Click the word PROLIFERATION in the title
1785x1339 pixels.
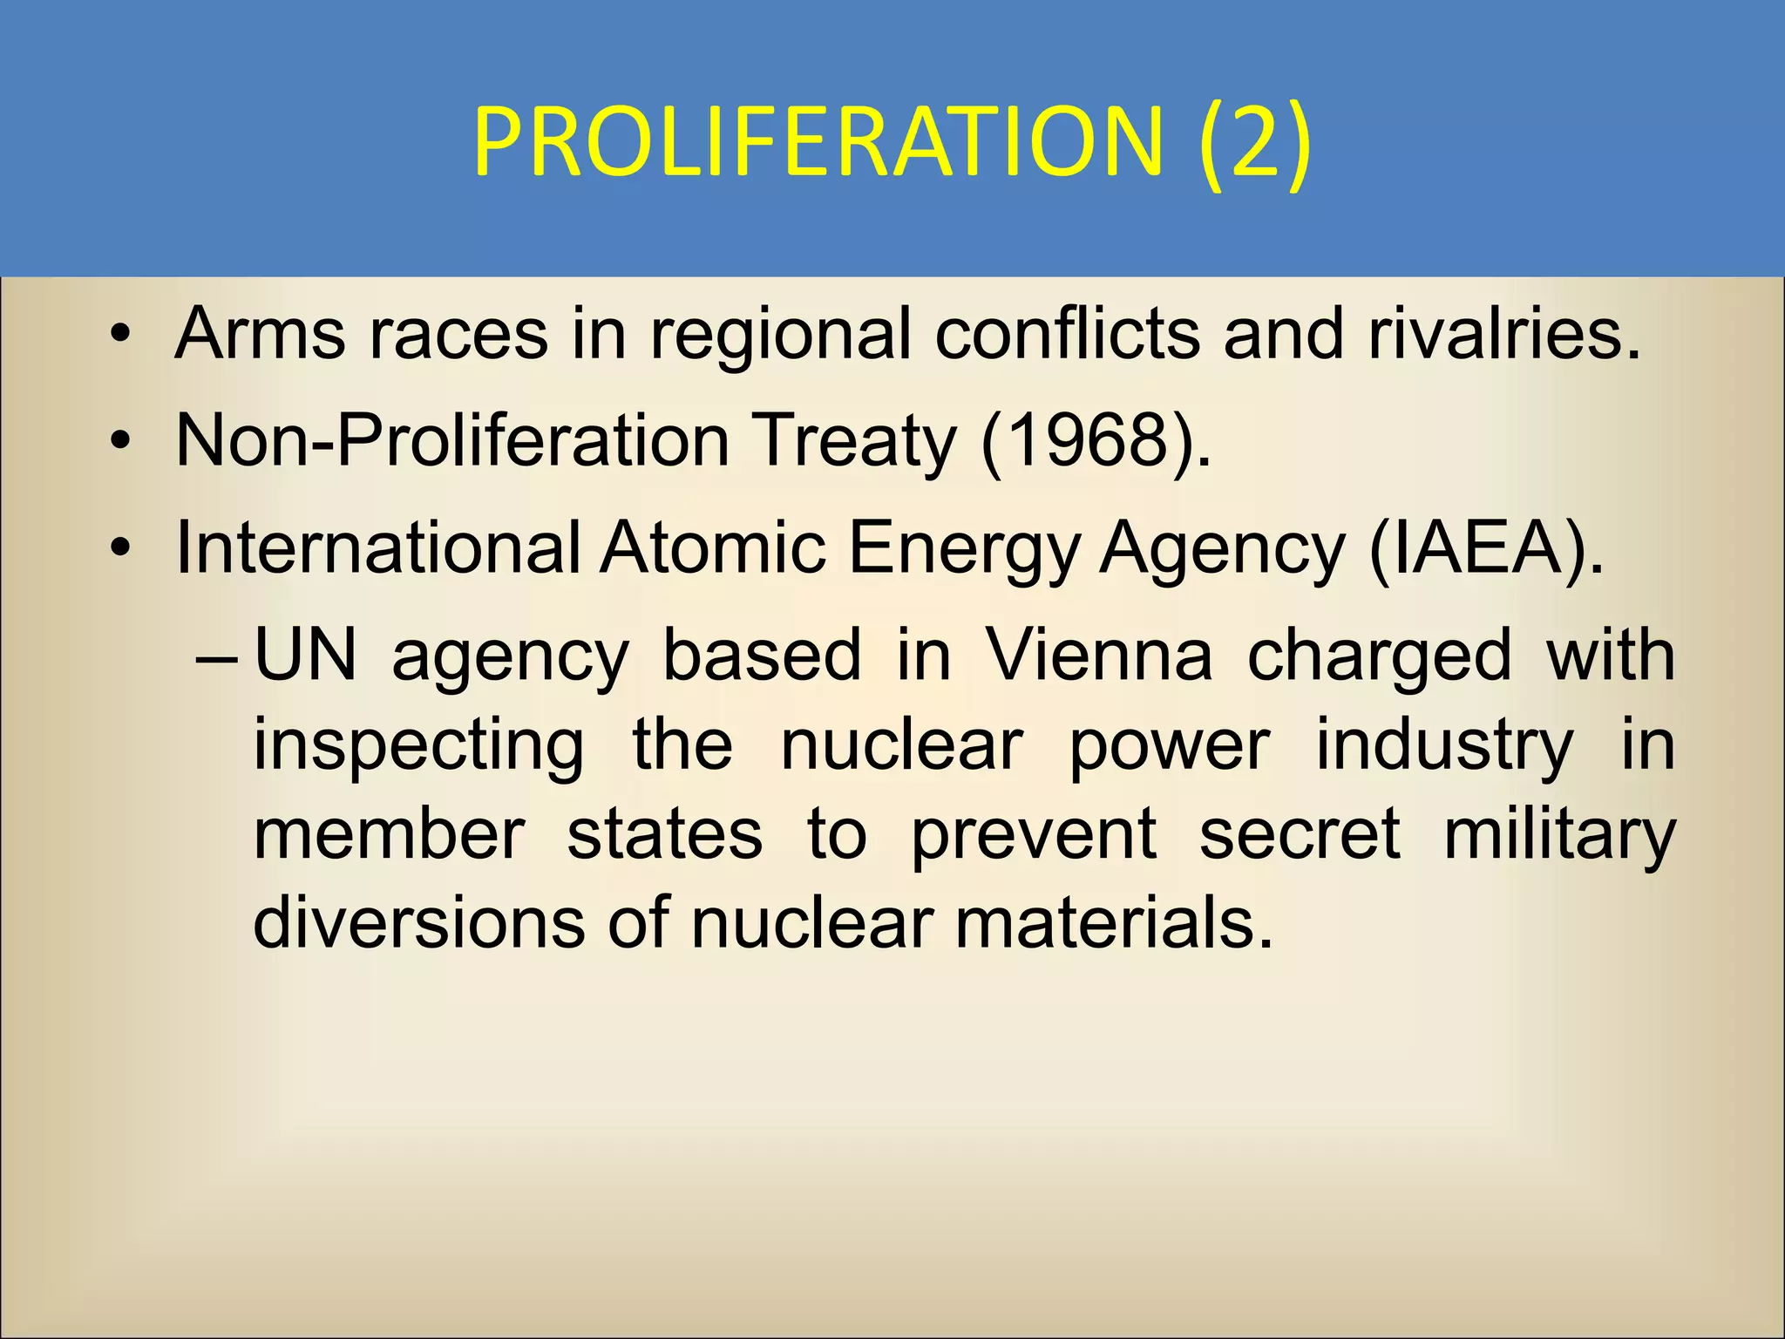point(818,141)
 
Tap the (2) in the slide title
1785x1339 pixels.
point(1254,141)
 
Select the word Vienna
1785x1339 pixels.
point(1098,656)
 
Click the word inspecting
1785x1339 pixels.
point(419,747)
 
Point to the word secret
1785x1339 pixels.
point(1300,834)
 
